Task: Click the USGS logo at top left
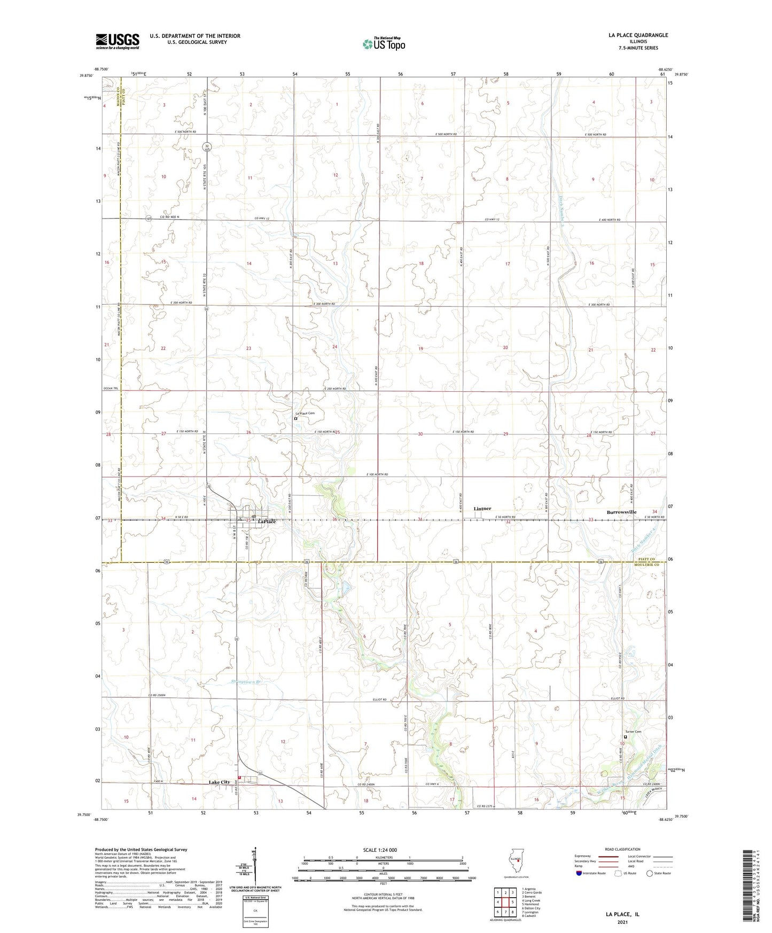click(117, 41)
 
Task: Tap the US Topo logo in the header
click(384, 44)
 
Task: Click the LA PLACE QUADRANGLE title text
click(638, 35)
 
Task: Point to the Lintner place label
click(482, 509)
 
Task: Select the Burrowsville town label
click(621, 512)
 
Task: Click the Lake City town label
click(219, 782)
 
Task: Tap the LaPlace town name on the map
click(267, 522)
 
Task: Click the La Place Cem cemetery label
click(306, 413)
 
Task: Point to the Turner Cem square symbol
click(625, 737)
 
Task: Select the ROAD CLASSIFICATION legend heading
click(622, 849)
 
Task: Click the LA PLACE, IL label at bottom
click(622, 914)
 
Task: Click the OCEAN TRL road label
click(110, 388)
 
